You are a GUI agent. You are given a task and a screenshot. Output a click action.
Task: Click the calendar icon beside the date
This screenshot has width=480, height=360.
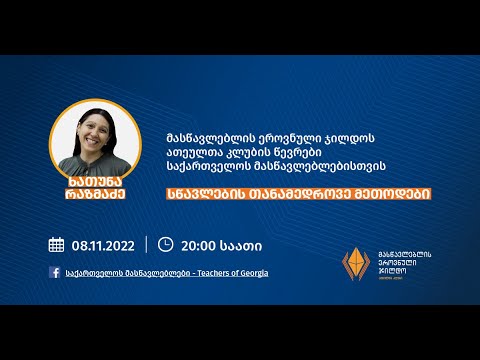point(56,244)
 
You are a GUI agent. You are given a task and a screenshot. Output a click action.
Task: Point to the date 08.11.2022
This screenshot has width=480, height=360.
point(103,244)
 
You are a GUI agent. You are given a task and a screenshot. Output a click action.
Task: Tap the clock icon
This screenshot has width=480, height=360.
point(165,244)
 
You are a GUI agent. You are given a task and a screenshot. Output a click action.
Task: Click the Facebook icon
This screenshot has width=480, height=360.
point(54,273)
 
